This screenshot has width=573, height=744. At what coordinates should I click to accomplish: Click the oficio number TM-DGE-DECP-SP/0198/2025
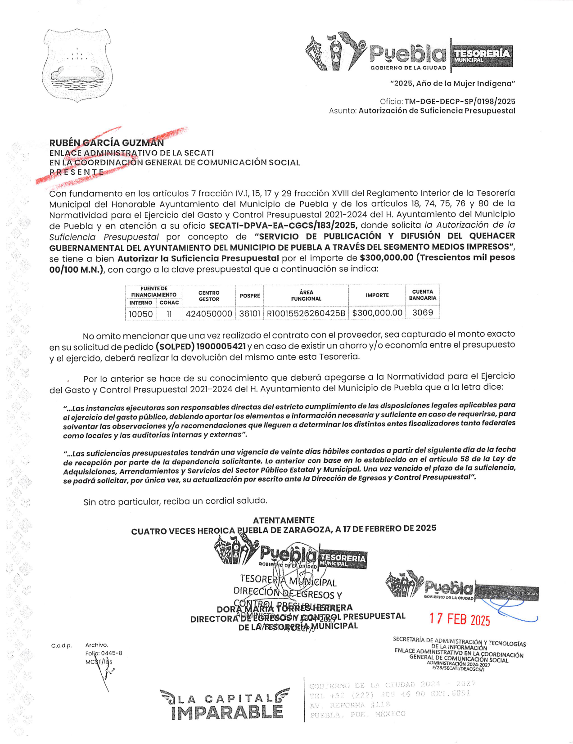[460, 102]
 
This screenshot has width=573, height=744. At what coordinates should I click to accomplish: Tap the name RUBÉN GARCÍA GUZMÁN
[107, 143]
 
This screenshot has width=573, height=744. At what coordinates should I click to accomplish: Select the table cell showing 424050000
[209, 314]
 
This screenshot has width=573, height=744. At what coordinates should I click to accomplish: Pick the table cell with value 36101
[249, 313]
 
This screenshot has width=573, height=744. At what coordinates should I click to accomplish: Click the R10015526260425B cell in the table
[306, 313]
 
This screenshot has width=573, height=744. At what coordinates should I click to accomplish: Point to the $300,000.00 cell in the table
[377, 313]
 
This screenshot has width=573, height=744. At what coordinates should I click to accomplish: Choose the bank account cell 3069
[423, 312]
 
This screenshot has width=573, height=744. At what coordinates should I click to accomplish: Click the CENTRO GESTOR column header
[209, 296]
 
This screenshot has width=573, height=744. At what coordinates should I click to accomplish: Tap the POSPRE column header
[249, 296]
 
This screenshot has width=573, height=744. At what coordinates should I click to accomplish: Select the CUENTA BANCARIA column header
[423, 295]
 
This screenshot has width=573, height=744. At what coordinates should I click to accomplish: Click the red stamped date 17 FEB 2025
[460, 619]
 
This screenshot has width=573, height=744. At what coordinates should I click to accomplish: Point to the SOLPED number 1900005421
[221, 346]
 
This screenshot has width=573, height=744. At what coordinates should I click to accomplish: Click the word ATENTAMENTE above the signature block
[284, 520]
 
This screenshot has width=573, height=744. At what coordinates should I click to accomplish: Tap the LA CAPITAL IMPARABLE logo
[225, 704]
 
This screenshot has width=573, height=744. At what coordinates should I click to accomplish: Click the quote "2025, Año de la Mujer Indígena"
[452, 84]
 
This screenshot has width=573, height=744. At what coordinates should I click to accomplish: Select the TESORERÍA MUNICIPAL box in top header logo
[482, 56]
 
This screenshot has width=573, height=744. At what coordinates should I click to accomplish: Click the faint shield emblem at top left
[77, 65]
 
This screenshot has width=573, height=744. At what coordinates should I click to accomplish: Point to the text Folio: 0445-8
[104, 653]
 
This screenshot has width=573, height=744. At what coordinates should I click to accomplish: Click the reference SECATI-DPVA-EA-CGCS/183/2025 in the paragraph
[283, 225]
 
